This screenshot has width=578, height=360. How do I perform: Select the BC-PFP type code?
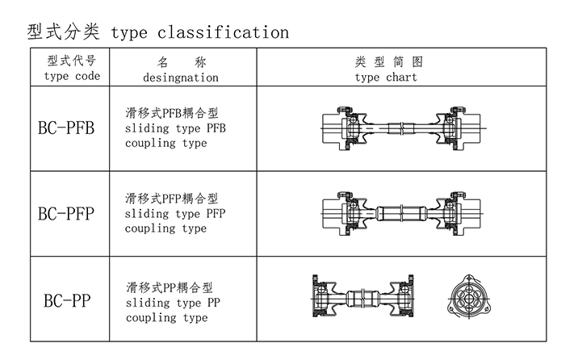[67, 213]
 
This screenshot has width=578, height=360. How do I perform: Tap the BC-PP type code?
[67, 301]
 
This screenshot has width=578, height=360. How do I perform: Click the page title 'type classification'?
[199, 32]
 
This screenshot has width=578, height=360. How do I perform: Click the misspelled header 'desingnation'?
[180, 77]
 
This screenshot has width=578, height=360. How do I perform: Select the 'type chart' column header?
[386, 77]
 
